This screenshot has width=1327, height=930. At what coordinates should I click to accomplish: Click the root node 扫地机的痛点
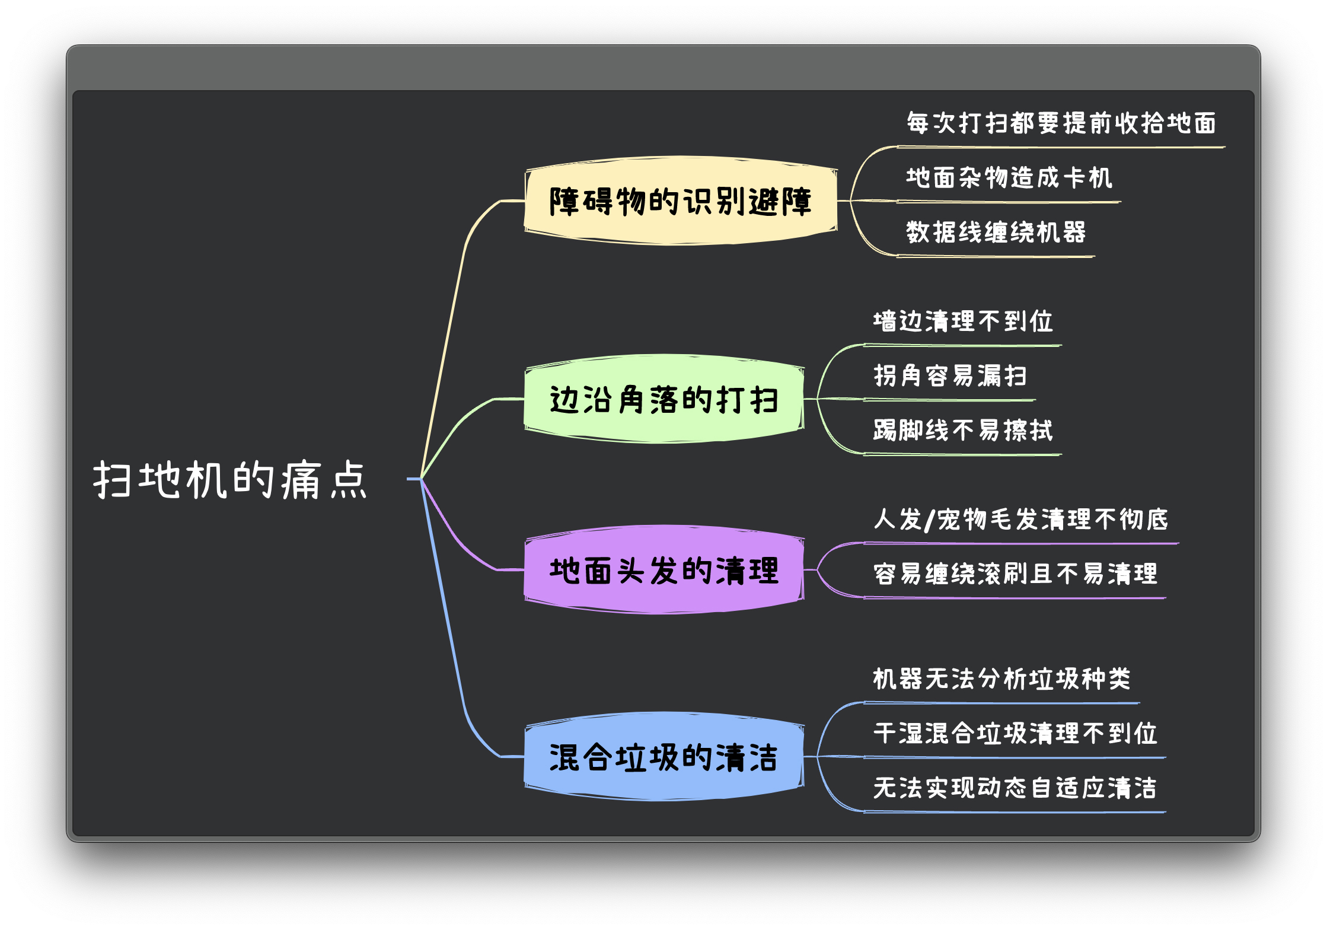point(230,479)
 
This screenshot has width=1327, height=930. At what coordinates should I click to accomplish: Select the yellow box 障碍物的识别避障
point(681,201)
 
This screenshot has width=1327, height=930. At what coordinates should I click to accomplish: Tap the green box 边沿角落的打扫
point(664,399)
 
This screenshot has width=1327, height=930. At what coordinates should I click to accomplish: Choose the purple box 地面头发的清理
point(664,570)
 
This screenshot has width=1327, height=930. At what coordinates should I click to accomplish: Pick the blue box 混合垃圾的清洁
point(664,757)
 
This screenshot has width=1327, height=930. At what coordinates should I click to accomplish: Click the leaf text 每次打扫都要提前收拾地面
point(1061,123)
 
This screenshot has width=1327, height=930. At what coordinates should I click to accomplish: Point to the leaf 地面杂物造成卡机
point(1009,177)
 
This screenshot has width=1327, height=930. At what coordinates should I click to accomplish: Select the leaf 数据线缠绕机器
point(996,232)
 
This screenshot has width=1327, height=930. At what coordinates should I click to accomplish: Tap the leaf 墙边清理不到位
point(963,321)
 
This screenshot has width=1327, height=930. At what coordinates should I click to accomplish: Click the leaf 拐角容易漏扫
point(950,375)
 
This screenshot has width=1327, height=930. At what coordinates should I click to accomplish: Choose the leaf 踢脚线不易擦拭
point(963,430)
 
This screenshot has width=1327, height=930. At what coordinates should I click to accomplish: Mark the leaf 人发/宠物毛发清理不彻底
point(1021,519)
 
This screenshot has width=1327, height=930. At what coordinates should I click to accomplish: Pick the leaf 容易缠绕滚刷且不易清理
point(1015,574)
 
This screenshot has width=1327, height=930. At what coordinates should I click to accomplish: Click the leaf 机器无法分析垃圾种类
point(1002,679)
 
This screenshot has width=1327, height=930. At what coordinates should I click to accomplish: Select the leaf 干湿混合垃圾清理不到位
point(1015,733)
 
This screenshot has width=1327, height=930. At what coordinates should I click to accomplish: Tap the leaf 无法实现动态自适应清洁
point(1015,788)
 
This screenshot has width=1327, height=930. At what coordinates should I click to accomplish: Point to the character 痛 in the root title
point(301,479)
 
